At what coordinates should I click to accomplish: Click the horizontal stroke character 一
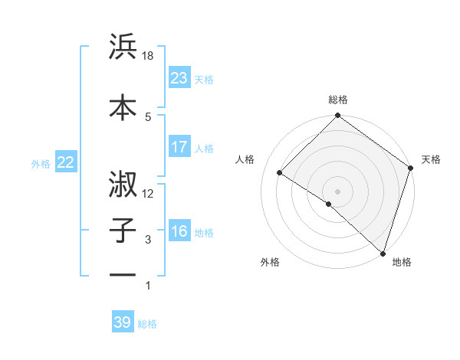click(123, 274)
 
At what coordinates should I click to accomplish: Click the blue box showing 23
click(179, 78)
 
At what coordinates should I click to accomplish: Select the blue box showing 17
click(179, 147)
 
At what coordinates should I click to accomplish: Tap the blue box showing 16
click(179, 231)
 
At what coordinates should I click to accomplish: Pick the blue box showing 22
click(65, 162)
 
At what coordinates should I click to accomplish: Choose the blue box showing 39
click(123, 323)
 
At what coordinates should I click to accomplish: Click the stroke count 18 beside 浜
click(149, 56)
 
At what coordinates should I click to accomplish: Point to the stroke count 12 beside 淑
click(149, 194)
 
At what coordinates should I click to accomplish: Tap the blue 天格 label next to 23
click(204, 80)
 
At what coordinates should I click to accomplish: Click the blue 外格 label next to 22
click(41, 163)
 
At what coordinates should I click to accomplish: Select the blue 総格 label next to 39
click(147, 324)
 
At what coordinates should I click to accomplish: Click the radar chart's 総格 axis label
click(337, 100)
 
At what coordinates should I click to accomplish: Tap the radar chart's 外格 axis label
click(270, 263)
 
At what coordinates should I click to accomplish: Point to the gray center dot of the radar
click(337, 191)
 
